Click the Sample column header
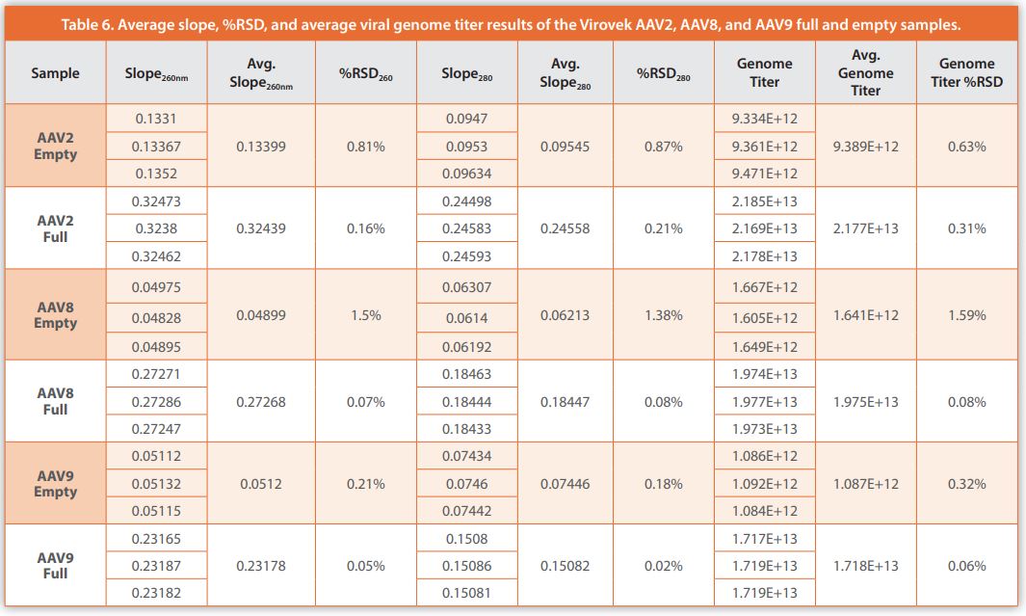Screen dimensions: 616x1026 pyautogui.click(x=55, y=73)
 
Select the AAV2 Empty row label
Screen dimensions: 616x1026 pyautogui.click(x=55, y=147)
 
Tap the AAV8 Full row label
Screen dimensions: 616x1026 pyautogui.click(x=55, y=402)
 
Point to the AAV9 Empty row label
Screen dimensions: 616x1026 pyautogui.click(x=55, y=484)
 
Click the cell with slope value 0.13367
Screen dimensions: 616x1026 pyautogui.click(x=155, y=147)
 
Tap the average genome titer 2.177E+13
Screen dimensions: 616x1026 pyautogui.click(x=865, y=228)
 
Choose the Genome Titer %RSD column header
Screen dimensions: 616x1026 pyautogui.click(x=966, y=73)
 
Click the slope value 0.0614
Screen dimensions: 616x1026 pyautogui.click(x=466, y=317)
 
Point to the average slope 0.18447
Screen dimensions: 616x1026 pyautogui.click(x=564, y=402)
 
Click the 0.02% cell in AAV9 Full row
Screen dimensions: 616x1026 pyautogui.click(x=664, y=566)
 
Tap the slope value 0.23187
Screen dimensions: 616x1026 pyautogui.click(x=155, y=566)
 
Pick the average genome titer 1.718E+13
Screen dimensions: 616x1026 pyautogui.click(x=865, y=566)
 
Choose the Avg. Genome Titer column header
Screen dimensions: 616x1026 pyautogui.click(x=865, y=73)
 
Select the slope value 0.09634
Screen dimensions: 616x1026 pyautogui.click(x=466, y=174)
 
